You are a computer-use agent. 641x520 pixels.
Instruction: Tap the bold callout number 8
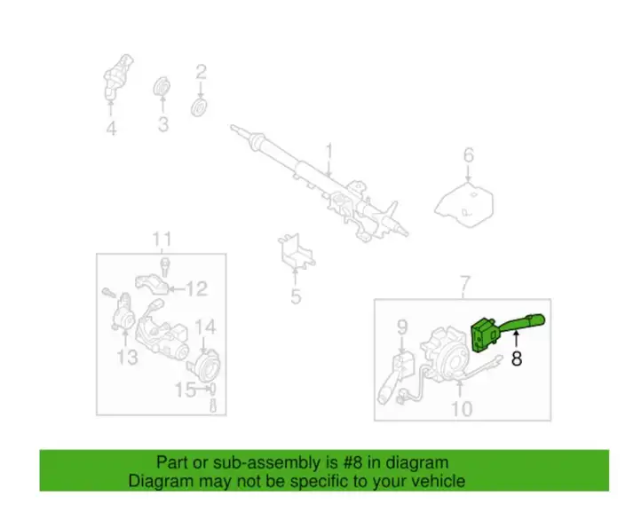pyautogui.click(x=517, y=359)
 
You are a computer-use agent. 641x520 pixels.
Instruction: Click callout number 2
pyautogui.click(x=201, y=72)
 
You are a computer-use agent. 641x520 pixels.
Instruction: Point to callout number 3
pyautogui.click(x=163, y=124)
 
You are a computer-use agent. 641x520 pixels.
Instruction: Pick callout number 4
pyautogui.click(x=111, y=129)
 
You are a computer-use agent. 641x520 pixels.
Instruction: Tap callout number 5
pyautogui.click(x=296, y=296)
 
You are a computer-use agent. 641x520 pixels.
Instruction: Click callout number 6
pyautogui.click(x=469, y=155)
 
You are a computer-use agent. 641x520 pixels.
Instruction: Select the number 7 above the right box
pyautogui.click(x=465, y=283)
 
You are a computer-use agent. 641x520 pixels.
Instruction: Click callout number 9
pyautogui.click(x=403, y=327)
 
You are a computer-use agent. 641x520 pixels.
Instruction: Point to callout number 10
pyautogui.click(x=462, y=408)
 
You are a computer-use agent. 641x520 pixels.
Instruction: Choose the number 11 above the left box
pyautogui.click(x=162, y=240)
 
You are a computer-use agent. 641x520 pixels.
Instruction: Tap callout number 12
pyautogui.click(x=197, y=288)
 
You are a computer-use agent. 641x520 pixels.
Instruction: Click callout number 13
pyautogui.click(x=128, y=358)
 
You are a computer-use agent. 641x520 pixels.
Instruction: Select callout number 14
pyautogui.click(x=205, y=327)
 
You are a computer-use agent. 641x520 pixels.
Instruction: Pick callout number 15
pyautogui.click(x=186, y=390)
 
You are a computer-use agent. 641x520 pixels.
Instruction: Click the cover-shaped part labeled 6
pyautogui.click(x=464, y=205)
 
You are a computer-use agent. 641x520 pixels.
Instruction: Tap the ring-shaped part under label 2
pyautogui.click(x=199, y=107)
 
